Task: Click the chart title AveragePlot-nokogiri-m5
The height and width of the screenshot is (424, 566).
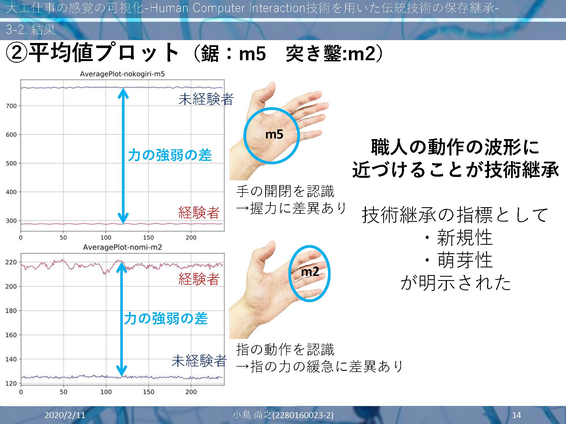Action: (122, 74)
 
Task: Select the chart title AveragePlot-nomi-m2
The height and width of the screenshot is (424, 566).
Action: (122, 247)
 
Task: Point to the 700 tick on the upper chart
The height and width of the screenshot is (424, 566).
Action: (11, 106)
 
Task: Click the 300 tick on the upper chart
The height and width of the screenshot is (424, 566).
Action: (11, 221)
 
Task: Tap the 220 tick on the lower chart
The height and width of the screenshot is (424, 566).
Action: (11, 262)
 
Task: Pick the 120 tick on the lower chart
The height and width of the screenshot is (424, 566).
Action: (11, 384)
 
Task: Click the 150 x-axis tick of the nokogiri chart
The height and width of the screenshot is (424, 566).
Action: (148, 238)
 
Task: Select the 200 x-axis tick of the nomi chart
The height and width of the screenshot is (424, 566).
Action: (191, 392)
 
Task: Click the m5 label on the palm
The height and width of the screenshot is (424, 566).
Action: (274, 134)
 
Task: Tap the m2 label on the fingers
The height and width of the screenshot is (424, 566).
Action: (310, 272)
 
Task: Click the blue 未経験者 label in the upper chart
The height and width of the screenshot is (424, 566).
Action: (206, 99)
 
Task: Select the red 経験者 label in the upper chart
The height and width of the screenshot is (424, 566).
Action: (199, 213)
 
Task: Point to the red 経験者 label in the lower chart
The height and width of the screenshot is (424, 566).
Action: (199, 279)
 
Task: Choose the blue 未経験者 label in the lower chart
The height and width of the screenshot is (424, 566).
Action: (199, 361)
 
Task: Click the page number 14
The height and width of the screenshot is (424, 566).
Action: (516, 415)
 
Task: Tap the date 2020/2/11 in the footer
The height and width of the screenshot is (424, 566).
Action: (65, 415)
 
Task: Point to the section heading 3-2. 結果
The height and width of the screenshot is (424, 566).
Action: (31, 29)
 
